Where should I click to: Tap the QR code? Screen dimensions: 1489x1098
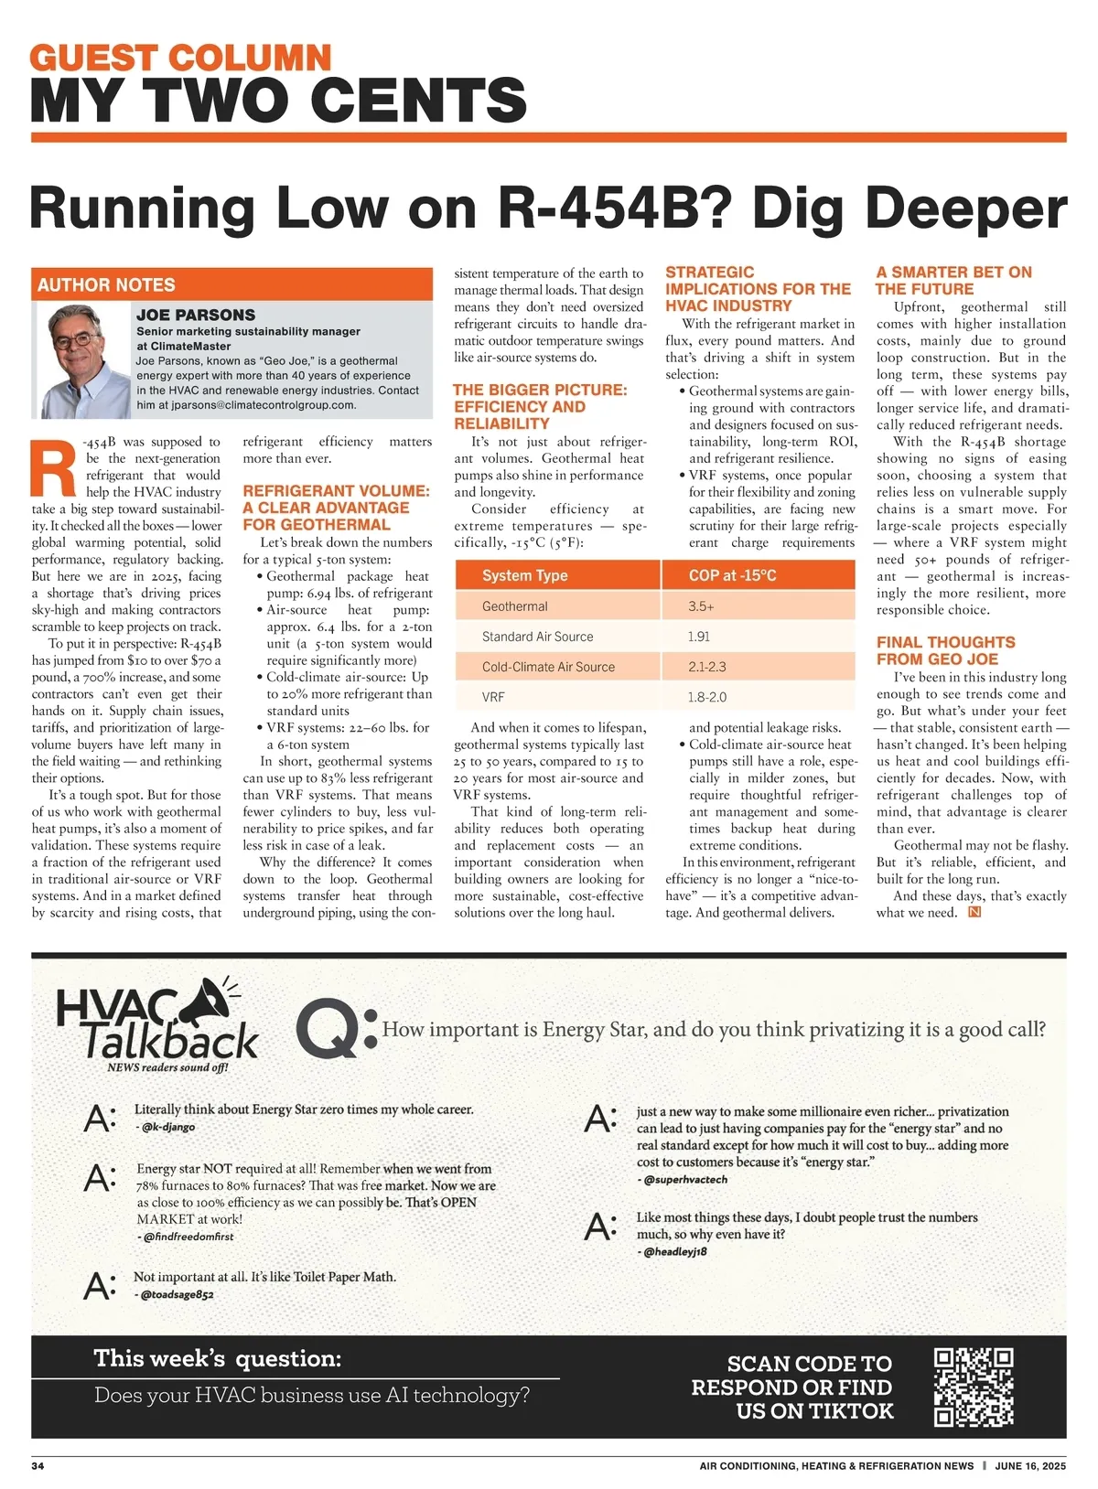(973, 1387)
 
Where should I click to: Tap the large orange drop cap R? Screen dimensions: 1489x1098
(53, 471)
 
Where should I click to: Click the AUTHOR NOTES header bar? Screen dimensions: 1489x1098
(231, 284)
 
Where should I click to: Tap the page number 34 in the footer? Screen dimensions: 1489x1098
(38, 1466)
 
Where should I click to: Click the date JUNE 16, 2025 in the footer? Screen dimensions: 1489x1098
(1030, 1466)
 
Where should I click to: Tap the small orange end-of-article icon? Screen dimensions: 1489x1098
(974, 912)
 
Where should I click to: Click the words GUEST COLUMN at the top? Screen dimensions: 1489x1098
(180, 58)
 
